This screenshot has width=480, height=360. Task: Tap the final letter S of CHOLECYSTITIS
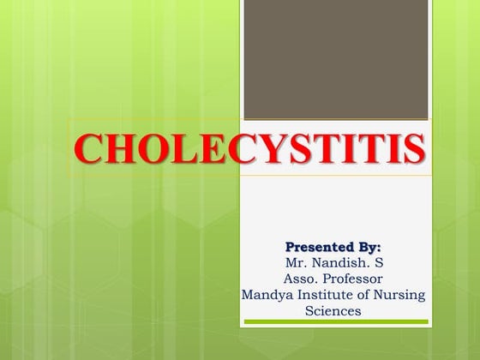pyautogui.click(x=412, y=148)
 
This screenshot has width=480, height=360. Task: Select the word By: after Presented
pyautogui.click(x=364, y=248)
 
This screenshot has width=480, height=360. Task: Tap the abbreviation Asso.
pyautogui.click(x=300, y=279)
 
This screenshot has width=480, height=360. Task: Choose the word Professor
pyautogui.click(x=353, y=279)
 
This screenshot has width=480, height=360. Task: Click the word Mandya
pyautogui.click(x=266, y=295)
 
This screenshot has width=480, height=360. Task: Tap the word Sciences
pyautogui.click(x=333, y=310)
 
